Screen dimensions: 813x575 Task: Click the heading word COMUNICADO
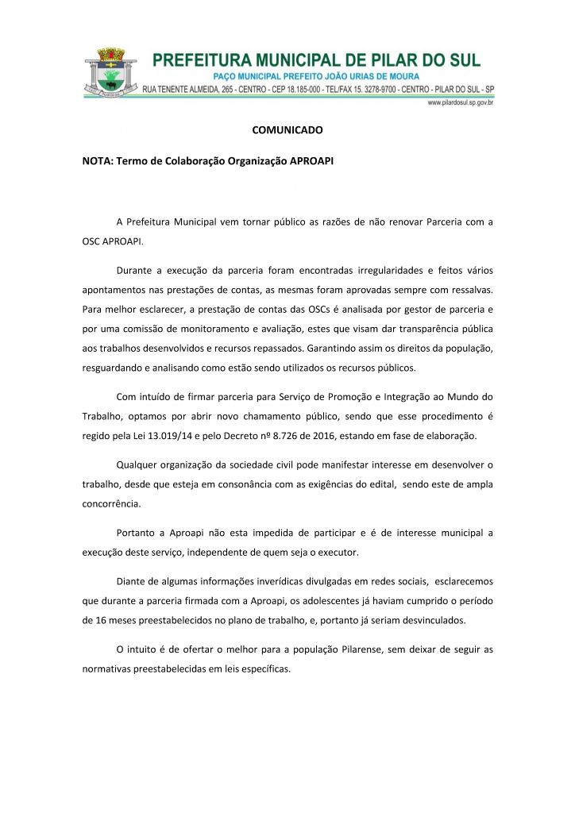(287, 128)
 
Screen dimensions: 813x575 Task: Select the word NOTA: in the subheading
(98, 160)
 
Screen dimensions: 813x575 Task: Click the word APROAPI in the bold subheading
(312, 160)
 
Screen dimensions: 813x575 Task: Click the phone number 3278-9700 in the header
(380, 90)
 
